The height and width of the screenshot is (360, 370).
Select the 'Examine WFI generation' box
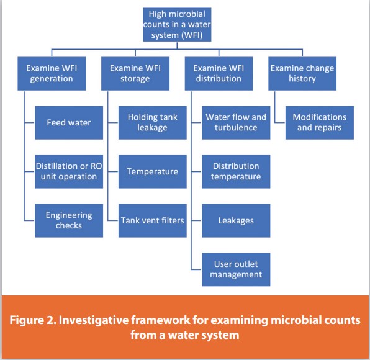[50, 73]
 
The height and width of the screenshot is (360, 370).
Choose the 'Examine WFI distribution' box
[217, 73]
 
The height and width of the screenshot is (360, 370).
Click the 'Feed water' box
[69, 122]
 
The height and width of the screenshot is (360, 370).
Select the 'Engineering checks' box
[69, 220]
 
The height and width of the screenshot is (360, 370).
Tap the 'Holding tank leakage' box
[153, 122]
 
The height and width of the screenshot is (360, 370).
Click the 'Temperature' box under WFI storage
[153, 171]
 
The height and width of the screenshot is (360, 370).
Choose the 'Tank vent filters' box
[153, 220]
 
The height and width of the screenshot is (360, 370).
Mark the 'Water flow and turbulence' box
[236, 122]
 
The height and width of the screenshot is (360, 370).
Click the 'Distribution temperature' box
[236, 171]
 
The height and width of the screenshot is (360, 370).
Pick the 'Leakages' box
[236, 220]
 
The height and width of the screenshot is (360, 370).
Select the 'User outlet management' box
[236, 269]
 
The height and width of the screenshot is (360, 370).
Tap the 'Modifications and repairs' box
[320, 122]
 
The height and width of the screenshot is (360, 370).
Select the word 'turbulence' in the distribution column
[236, 128]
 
